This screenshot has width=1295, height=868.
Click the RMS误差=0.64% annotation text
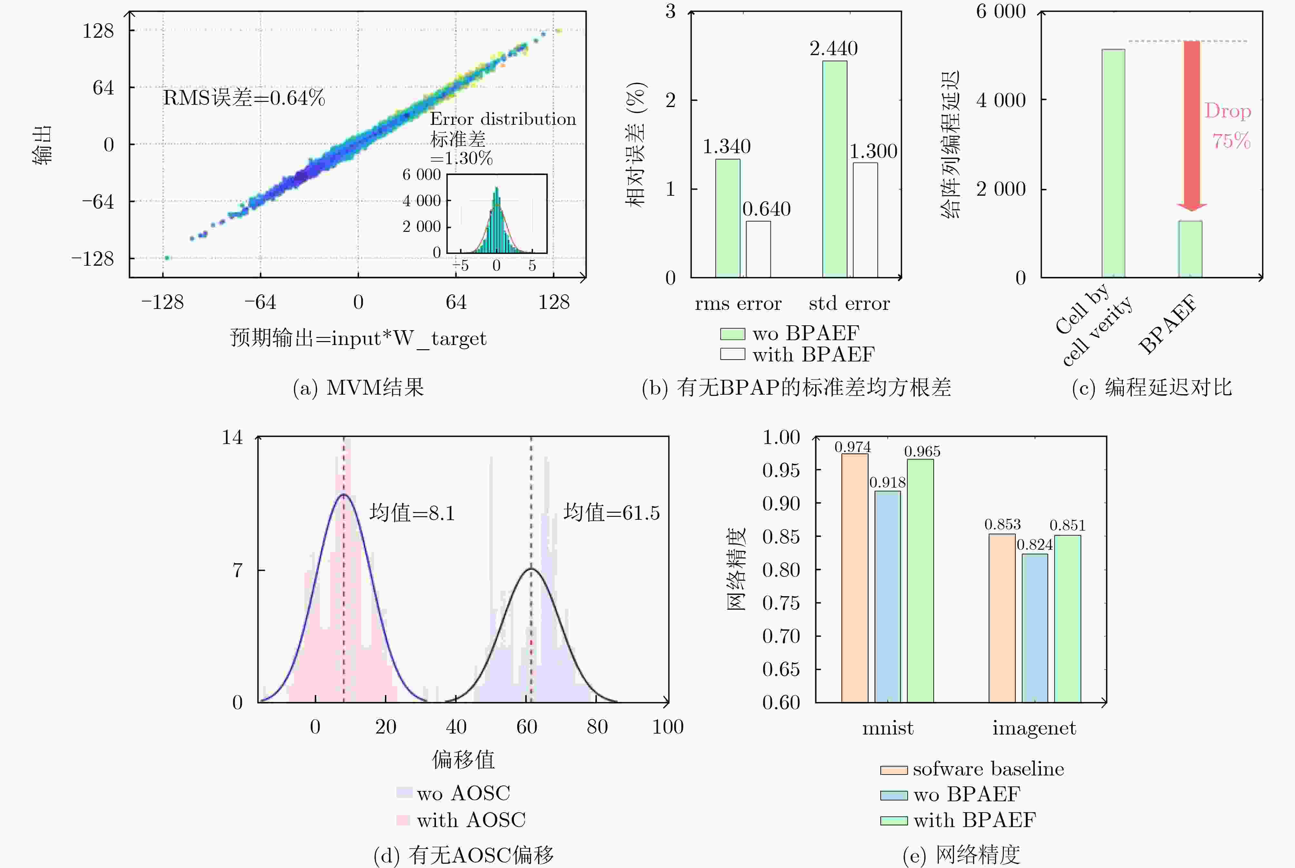point(243,98)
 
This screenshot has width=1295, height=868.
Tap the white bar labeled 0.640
point(758,249)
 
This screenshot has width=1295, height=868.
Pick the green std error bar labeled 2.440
point(834,169)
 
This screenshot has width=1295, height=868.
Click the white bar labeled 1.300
point(865,220)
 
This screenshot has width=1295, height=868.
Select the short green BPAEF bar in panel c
point(1190,249)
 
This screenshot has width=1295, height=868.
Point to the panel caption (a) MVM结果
point(358,388)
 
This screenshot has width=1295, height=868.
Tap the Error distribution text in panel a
point(503,119)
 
